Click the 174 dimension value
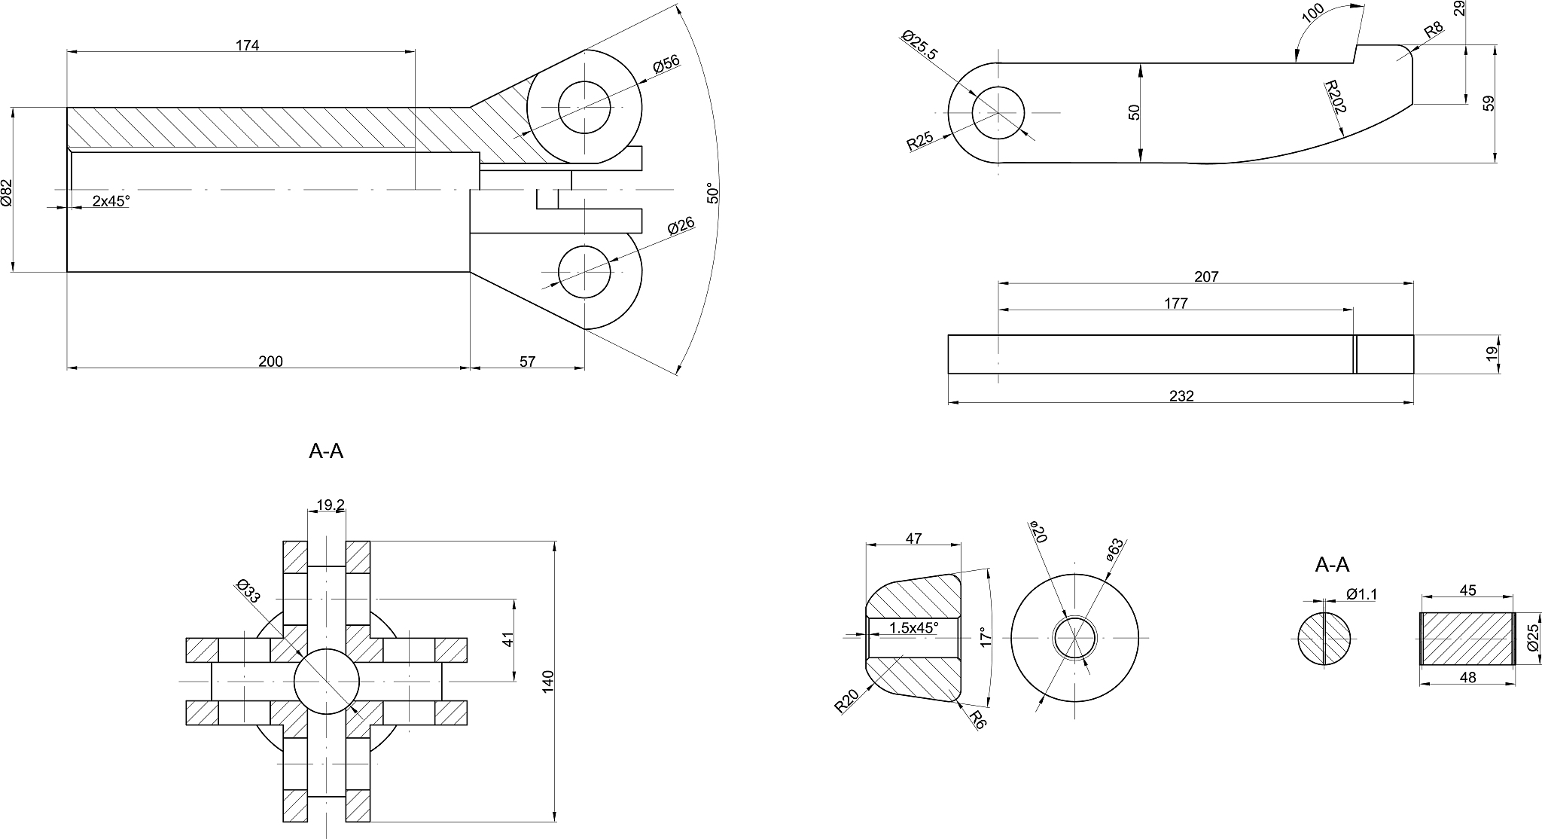(x=247, y=45)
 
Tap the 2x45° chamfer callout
(x=111, y=201)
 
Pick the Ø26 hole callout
(x=681, y=227)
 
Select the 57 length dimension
(x=527, y=362)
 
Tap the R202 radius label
(x=1336, y=96)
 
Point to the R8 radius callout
(x=1434, y=31)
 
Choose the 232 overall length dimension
(x=1182, y=396)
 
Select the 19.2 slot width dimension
(x=331, y=505)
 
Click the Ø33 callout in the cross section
(x=248, y=591)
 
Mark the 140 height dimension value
(x=548, y=681)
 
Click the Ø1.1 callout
(x=1361, y=594)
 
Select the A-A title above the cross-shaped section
(x=326, y=451)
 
